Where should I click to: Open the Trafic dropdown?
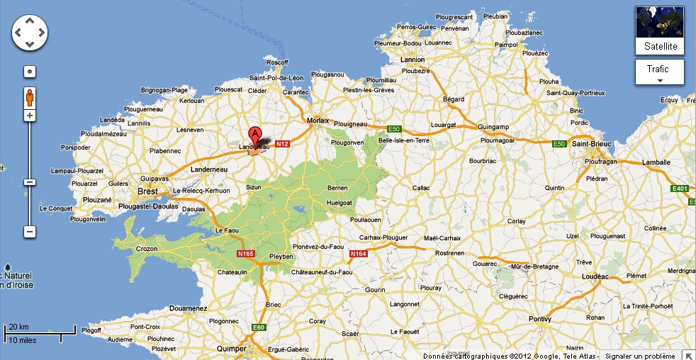pos(659,72)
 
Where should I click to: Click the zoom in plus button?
pos(30,115)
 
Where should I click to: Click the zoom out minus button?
pos(30,232)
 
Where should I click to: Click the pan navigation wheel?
pos(30,33)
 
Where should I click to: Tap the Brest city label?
pos(147,191)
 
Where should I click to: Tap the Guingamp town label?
pos(495,126)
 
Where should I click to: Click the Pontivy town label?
pos(539,319)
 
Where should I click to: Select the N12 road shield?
pos(282,143)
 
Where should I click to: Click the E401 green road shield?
pos(680,189)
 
